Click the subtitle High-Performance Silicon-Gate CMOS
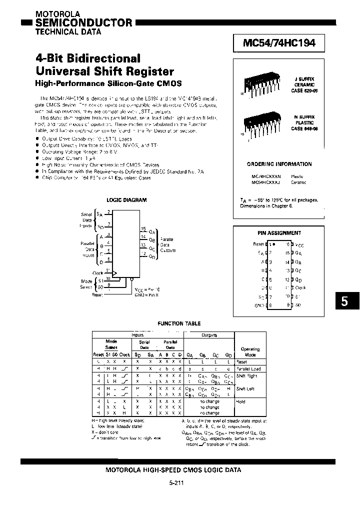tap(108, 82)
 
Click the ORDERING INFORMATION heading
tap(279, 164)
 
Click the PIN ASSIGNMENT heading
tap(279, 233)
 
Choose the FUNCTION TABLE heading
tap(179, 323)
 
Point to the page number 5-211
tap(179, 484)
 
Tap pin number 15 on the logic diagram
tap(143, 228)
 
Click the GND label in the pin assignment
tap(259, 304)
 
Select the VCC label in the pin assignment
tap(299, 244)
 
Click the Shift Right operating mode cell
tap(247, 375)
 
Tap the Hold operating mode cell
tap(241, 401)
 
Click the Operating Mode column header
tap(250, 351)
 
